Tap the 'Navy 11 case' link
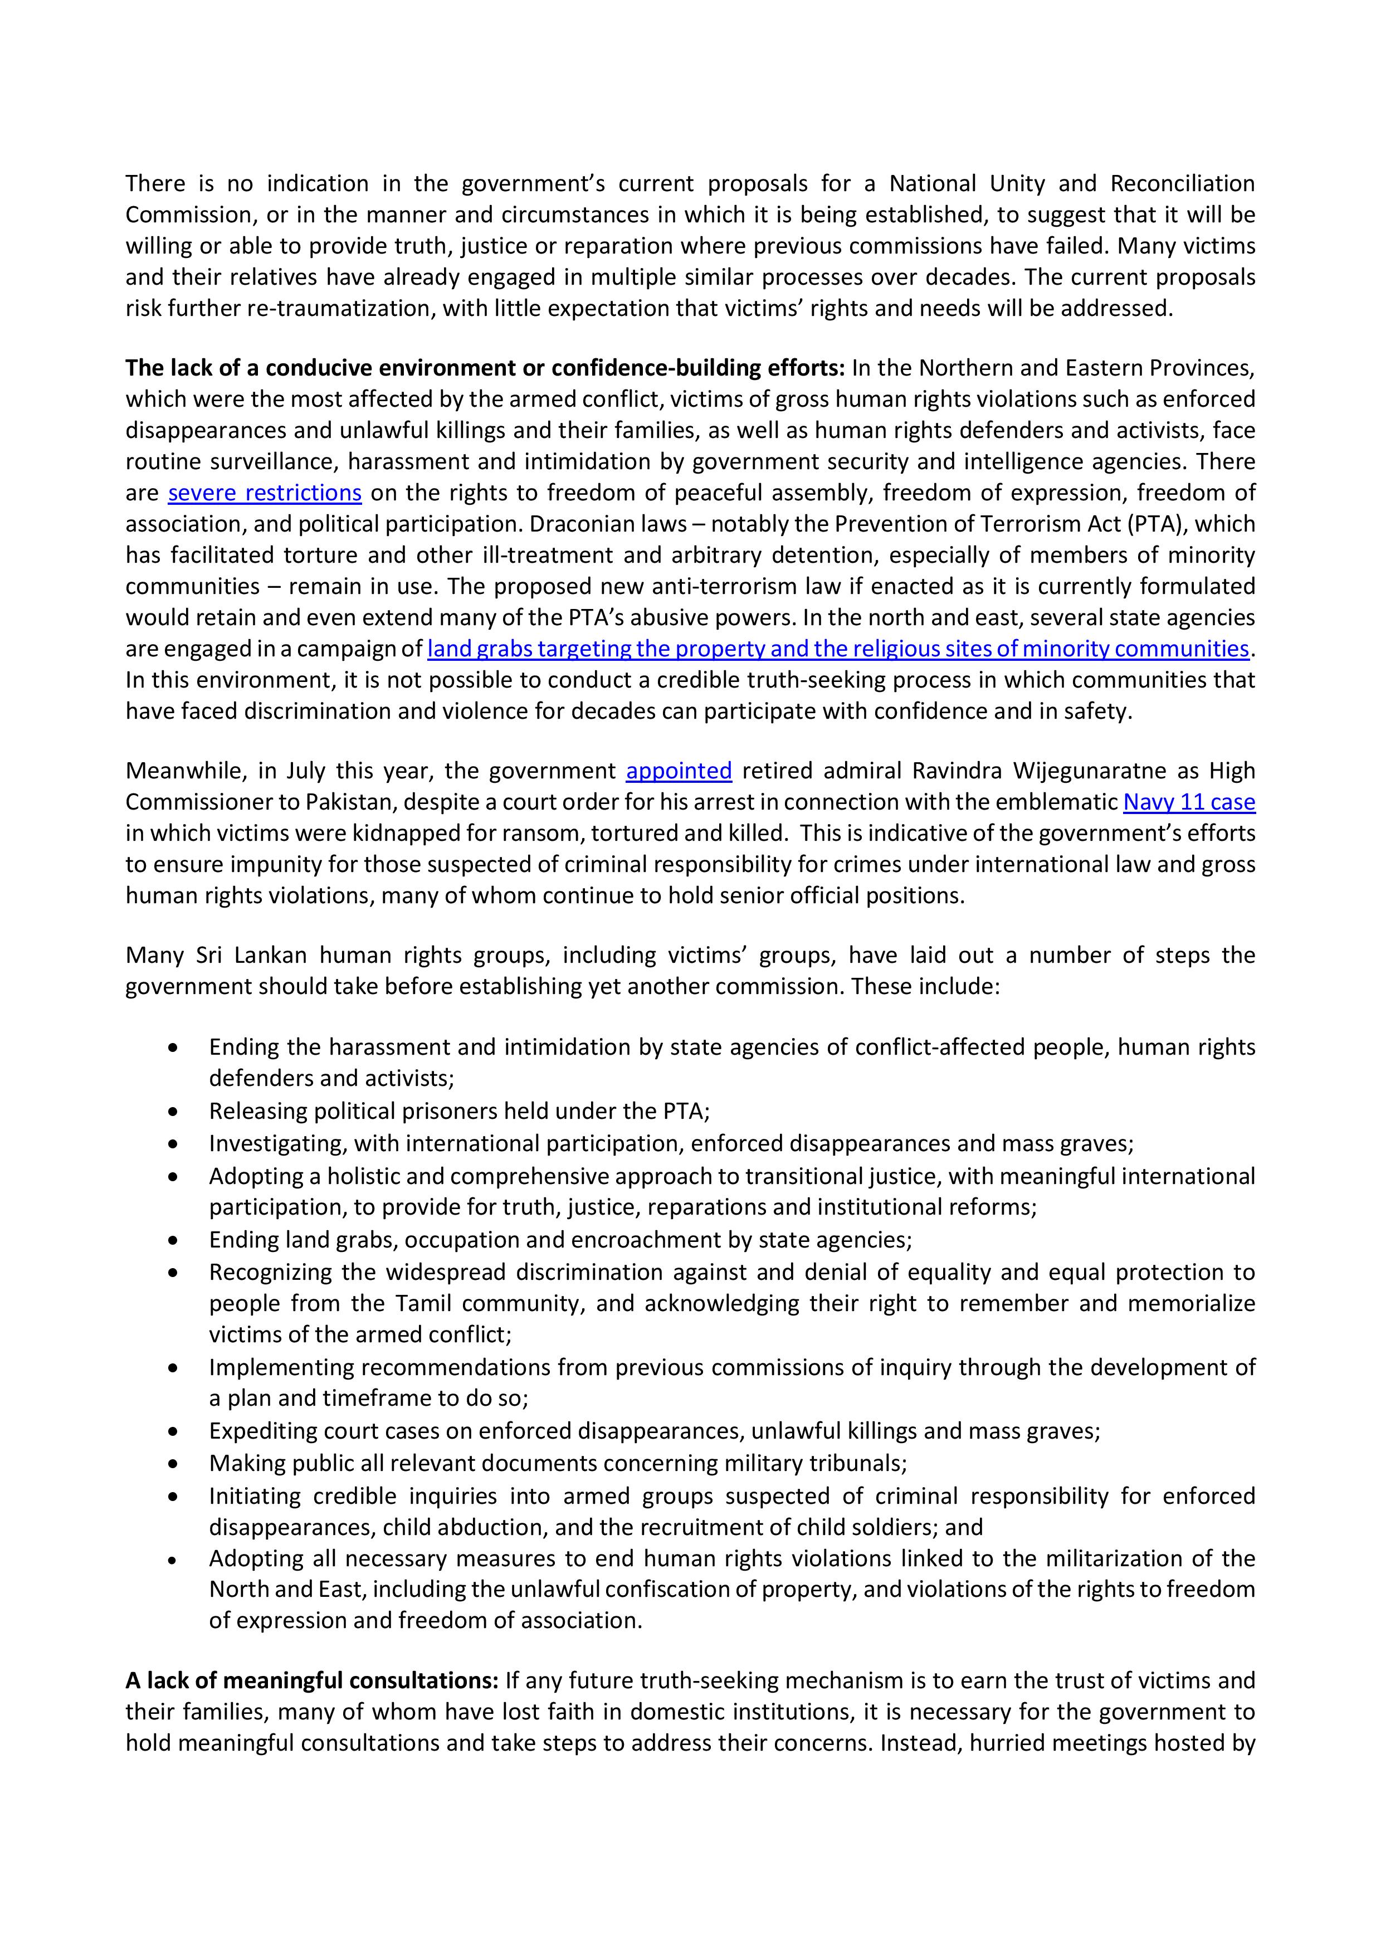(1189, 802)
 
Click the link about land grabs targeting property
(837, 649)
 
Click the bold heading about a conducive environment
(485, 368)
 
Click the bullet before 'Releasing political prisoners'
(174, 1112)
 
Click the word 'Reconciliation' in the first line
(1182, 184)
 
